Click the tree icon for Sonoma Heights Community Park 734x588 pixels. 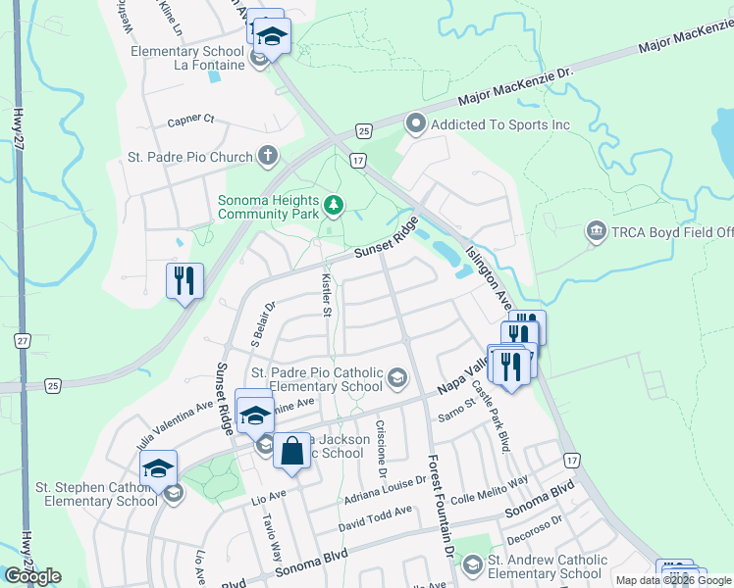pyautogui.click(x=335, y=204)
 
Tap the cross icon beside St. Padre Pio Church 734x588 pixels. pyautogui.click(x=268, y=156)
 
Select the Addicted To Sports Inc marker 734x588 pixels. pyautogui.click(x=415, y=124)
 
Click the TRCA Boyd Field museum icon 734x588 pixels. pyautogui.click(x=596, y=232)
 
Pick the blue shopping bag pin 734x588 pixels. pyautogui.click(x=290, y=452)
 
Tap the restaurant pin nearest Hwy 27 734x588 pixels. pyautogui.click(x=184, y=281)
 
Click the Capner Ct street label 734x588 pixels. pyautogui.click(x=189, y=120)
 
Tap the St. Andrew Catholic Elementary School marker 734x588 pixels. pyautogui.click(x=473, y=563)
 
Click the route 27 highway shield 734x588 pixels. pyautogui.click(x=22, y=340)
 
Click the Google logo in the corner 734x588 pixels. pyautogui.click(x=32, y=576)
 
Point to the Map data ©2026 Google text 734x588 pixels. pyautogui.click(x=673, y=580)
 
